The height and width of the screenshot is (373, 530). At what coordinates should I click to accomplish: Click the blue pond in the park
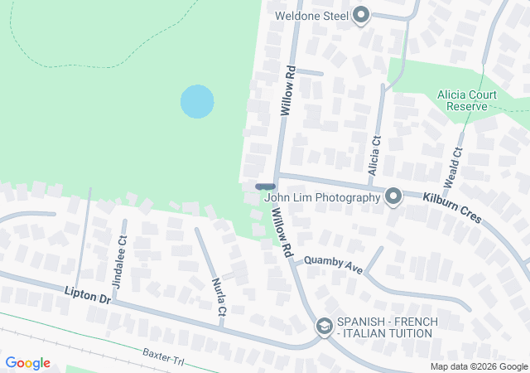[197, 101]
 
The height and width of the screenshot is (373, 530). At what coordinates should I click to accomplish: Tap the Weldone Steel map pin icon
[360, 15]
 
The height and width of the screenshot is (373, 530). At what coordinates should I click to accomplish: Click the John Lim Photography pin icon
[393, 196]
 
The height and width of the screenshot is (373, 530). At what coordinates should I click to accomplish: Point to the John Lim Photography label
[322, 196]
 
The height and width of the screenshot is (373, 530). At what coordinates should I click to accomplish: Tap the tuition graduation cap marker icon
[325, 327]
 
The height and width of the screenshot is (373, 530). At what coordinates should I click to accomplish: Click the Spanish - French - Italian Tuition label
[384, 327]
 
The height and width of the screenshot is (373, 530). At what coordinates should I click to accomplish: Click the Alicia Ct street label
[375, 154]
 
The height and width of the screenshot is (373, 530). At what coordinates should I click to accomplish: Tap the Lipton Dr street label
[87, 293]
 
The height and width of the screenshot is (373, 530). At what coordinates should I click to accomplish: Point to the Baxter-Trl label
[162, 356]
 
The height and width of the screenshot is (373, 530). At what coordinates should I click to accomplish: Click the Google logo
[27, 363]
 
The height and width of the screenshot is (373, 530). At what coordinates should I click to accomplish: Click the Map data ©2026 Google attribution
[478, 366]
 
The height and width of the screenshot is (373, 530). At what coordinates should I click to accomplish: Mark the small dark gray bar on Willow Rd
[265, 186]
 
